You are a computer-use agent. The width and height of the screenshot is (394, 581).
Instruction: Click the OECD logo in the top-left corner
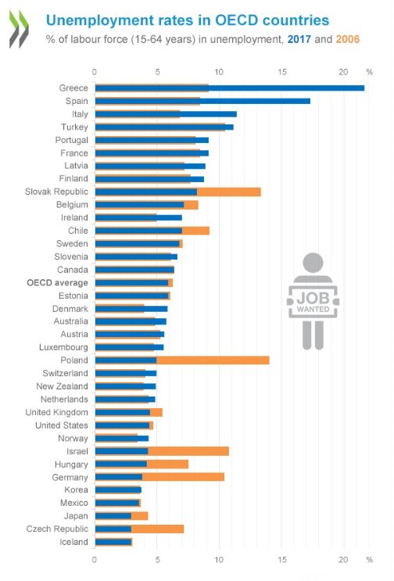tap(19, 30)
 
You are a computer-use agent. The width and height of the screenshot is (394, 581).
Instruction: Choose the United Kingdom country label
tap(56, 412)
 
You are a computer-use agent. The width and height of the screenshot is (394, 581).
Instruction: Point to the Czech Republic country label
tap(59, 529)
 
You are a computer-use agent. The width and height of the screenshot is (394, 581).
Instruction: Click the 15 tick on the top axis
tap(281, 72)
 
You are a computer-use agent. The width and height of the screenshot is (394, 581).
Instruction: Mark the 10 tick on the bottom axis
tap(219, 560)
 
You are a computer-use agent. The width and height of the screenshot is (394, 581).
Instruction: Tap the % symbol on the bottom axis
tap(369, 560)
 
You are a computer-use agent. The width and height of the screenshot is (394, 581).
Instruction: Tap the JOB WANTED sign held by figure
tap(313, 303)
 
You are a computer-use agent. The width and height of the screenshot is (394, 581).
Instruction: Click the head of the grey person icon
tap(313, 263)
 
